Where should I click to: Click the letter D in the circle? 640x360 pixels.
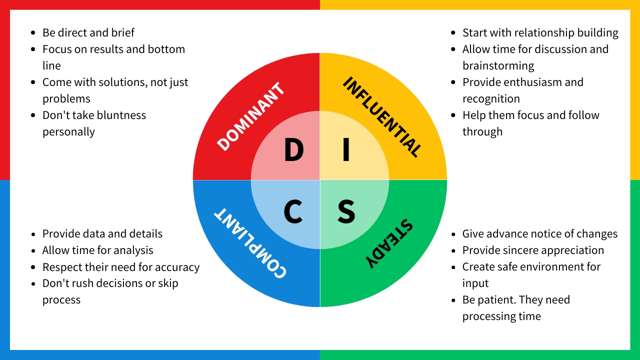click(294, 149)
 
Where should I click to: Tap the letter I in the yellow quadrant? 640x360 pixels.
click(346, 149)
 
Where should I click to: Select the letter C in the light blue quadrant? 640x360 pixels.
click(293, 211)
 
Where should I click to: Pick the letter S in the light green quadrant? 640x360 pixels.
click(346, 211)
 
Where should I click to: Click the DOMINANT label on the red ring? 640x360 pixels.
click(250, 116)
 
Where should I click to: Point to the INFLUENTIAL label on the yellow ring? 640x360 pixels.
click(382, 116)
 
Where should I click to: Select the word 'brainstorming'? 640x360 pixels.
click(498, 65)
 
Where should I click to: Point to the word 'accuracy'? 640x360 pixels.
click(177, 267)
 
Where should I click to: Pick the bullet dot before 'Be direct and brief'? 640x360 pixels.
click(33, 33)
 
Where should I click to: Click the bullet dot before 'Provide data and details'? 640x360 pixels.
click(33, 234)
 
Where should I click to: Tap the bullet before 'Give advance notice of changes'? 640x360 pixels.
click(453, 234)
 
